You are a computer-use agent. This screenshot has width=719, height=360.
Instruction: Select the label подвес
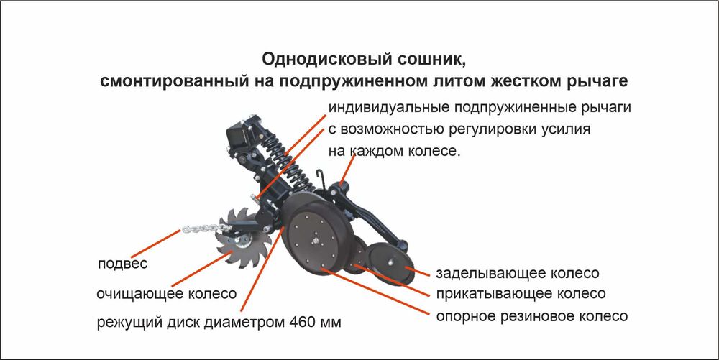click(122, 264)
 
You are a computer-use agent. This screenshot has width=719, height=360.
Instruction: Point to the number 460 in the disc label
click(301, 320)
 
